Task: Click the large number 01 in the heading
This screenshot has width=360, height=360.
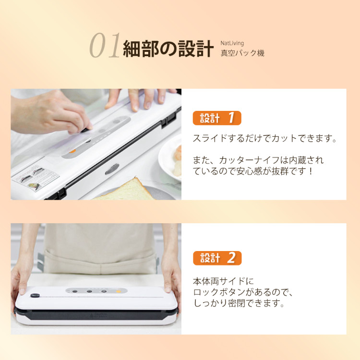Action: click(105, 45)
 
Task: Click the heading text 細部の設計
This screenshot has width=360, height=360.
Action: click(168, 48)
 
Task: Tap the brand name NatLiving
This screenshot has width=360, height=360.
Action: click(232, 43)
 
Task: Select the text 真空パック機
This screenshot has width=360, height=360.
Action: click(242, 53)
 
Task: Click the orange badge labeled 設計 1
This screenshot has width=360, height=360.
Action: click(217, 118)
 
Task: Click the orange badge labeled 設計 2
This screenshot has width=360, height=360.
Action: click(217, 258)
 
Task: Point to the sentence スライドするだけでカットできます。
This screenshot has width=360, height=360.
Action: click(264, 138)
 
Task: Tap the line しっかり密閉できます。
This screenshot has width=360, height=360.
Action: click(239, 303)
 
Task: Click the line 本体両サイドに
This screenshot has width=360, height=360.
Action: click(223, 281)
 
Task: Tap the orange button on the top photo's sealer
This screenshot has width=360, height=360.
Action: click(72, 151)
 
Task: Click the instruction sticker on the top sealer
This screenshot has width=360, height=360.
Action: click(36, 178)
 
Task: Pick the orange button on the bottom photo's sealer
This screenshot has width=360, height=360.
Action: click(119, 291)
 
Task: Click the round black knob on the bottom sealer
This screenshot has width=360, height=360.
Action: click(35, 296)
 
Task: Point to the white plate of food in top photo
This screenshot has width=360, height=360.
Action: click(170, 158)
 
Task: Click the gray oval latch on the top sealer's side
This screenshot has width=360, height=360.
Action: click(112, 169)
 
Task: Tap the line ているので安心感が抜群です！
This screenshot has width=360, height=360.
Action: click(252, 171)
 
